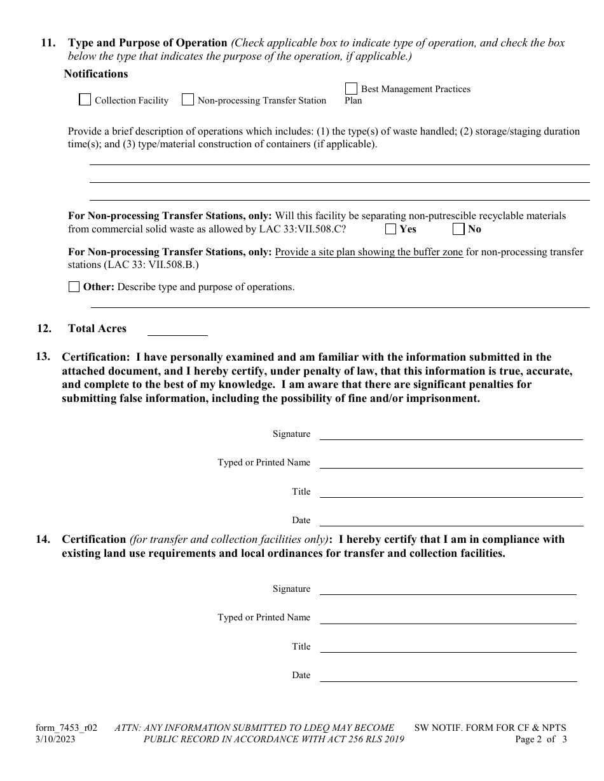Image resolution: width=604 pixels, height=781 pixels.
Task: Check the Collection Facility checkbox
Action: [x=85, y=100]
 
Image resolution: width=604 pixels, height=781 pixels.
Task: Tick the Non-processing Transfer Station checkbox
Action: [x=188, y=100]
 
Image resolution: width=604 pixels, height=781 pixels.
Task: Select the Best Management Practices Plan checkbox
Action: [x=351, y=88]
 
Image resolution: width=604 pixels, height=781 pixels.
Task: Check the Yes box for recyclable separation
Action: [x=390, y=229]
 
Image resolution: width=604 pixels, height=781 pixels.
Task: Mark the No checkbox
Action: [x=458, y=229]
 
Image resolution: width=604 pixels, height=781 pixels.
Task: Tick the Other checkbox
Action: [x=74, y=286]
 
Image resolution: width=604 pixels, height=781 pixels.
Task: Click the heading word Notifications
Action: [x=96, y=74]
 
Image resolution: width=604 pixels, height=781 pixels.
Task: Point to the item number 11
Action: [x=48, y=43]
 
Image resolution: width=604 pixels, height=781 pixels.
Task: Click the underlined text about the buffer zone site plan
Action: [x=369, y=252]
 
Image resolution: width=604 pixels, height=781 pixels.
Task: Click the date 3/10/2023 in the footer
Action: [x=57, y=739]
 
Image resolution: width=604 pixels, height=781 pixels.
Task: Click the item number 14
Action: [x=43, y=539]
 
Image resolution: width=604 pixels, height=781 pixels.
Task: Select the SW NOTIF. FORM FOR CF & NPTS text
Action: [x=490, y=728]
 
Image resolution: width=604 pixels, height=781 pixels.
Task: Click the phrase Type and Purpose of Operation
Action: [x=148, y=43]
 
